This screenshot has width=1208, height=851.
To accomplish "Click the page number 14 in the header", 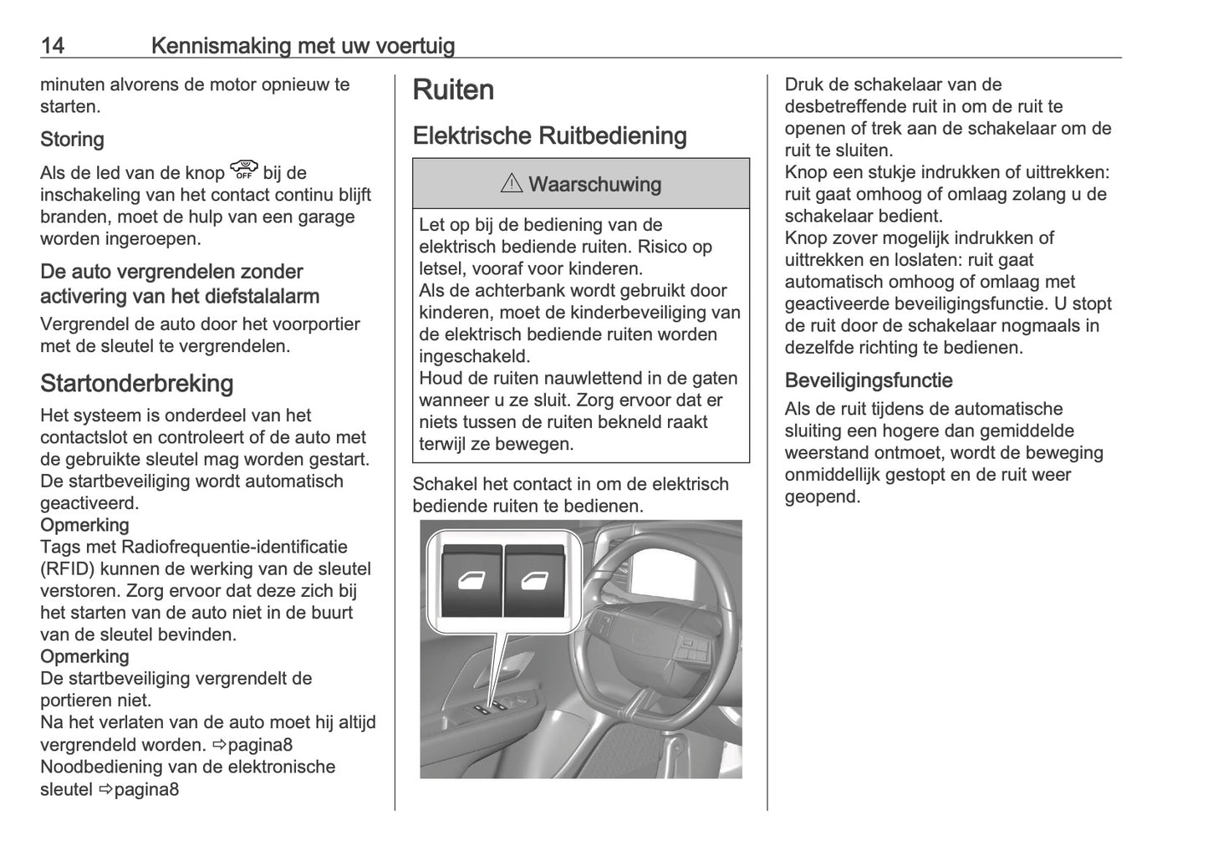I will pyautogui.click(x=53, y=45).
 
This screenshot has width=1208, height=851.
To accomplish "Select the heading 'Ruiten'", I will pyautogui.click(x=453, y=90).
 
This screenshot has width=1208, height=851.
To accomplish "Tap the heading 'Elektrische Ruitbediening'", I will pyautogui.click(x=549, y=135).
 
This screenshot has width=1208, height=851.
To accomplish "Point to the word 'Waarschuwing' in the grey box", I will pyautogui.click(x=594, y=184).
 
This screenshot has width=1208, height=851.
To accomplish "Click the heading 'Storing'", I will pyautogui.click(x=72, y=139).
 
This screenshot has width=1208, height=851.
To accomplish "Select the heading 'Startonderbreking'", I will pyautogui.click(x=136, y=383).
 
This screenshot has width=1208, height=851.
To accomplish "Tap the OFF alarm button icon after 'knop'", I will pyautogui.click(x=244, y=171).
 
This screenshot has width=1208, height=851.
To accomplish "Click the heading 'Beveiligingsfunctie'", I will pyautogui.click(x=868, y=380).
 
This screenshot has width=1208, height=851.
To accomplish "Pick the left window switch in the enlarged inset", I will pyautogui.click(x=471, y=581).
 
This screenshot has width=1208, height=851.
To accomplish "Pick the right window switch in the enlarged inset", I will pyautogui.click(x=535, y=581).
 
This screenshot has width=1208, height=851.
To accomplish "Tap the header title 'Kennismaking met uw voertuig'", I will pyautogui.click(x=303, y=45).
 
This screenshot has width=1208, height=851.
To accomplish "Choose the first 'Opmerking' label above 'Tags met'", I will pyautogui.click(x=84, y=525).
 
